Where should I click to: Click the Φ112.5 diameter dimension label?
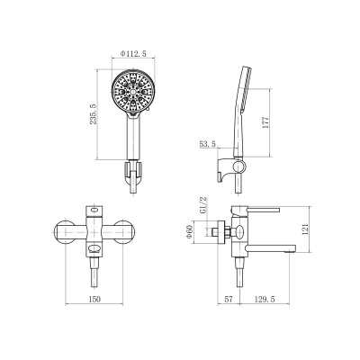pos(133,54)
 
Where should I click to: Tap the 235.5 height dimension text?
pos(93,114)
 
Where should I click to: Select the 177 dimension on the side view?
pos(265,122)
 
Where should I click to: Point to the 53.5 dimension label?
pos(208,144)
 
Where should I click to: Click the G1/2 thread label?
pos(203,205)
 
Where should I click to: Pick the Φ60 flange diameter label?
pos(189,232)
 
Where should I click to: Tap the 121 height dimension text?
pos(305,229)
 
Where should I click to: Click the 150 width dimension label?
pos(94,299)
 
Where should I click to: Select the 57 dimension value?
pos(229,299)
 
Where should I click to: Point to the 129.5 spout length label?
pos(265,299)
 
